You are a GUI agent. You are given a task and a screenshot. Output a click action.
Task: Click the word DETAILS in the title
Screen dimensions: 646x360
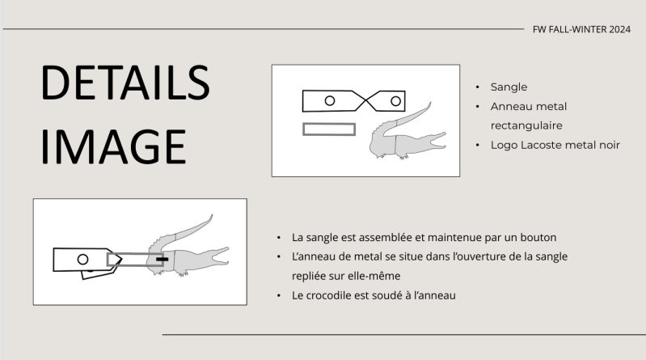click(x=125, y=83)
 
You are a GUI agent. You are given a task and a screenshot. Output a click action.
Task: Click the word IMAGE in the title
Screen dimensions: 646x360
click(x=113, y=146)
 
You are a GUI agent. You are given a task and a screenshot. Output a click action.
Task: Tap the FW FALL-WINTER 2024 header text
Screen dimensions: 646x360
click(x=581, y=30)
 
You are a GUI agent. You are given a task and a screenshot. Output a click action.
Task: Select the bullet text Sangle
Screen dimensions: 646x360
click(x=509, y=87)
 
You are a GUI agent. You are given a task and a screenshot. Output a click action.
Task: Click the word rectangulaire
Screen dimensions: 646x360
click(x=526, y=125)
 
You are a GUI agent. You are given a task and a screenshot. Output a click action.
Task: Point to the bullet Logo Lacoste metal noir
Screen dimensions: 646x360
click(x=555, y=145)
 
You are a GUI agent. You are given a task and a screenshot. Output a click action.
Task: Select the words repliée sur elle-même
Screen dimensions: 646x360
click(x=346, y=276)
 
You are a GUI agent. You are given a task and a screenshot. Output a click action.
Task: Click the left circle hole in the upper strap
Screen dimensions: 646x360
click(x=330, y=100)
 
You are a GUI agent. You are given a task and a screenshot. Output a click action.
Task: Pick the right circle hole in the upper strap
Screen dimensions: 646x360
click(x=395, y=101)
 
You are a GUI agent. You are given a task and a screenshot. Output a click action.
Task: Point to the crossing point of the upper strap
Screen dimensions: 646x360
click(x=365, y=100)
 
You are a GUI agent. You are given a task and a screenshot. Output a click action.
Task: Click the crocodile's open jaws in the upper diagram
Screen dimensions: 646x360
click(x=437, y=141)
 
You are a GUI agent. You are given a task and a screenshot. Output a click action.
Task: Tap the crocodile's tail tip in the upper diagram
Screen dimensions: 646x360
click(x=430, y=103)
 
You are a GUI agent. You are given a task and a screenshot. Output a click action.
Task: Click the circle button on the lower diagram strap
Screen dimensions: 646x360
click(x=82, y=259)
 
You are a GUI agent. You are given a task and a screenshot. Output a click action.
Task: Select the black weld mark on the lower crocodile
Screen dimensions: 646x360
click(x=163, y=260)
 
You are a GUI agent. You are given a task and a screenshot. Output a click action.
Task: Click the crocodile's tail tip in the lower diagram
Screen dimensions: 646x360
click(x=212, y=215)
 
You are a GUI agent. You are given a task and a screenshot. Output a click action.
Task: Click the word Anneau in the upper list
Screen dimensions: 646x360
click(x=509, y=107)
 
